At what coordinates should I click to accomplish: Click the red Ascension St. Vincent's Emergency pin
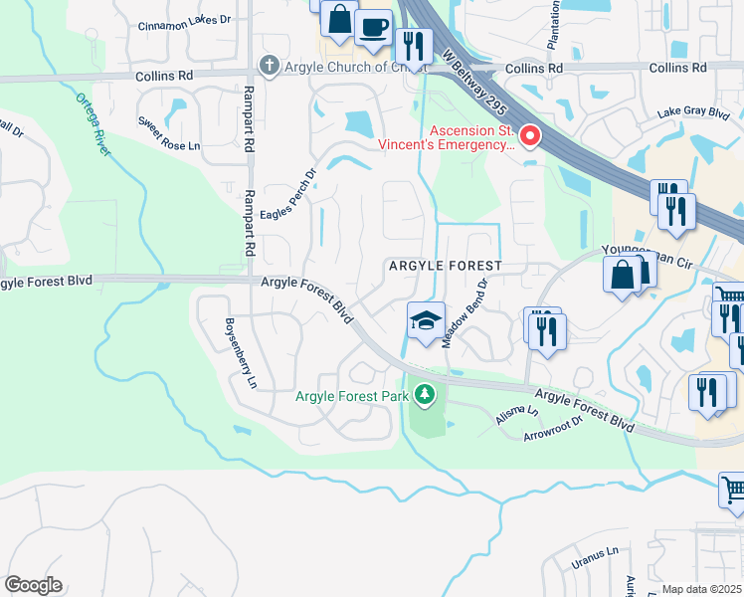pyautogui.click(x=530, y=136)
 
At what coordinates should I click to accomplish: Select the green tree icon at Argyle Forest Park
pyautogui.click(x=425, y=396)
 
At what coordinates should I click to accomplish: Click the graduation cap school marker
pyautogui.click(x=426, y=321)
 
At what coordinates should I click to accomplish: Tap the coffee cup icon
pyautogui.click(x=374, y=28)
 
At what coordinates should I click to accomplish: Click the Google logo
pyautogui.click(x=33, y=584)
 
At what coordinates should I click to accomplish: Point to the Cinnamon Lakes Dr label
pyautogui.click(x=184, y=26)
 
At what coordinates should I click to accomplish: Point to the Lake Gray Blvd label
pyautogui.click(x=693, y=114)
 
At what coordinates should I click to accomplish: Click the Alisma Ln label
pyautogui.click(x=518, y=415)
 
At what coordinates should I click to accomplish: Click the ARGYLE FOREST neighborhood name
pyautogui.click(x=444, y=267)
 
